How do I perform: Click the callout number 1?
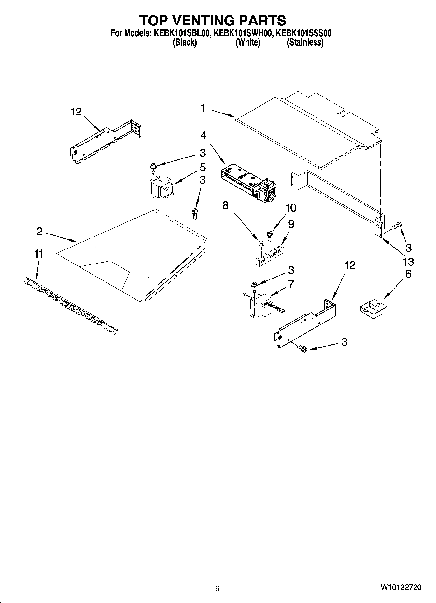click(203, 108)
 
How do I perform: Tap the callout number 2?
click(39, 232)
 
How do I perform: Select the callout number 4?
click(203, 135)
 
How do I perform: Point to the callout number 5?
click(203, 168)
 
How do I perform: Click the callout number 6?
click(408, 274)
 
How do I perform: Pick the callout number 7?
click(291, 284)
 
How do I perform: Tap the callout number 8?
click(225, 205)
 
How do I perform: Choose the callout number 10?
click(291, 207)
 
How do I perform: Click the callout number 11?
click(39, 254)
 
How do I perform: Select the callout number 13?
click(408, 262)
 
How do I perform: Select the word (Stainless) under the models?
click(305, 42)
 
